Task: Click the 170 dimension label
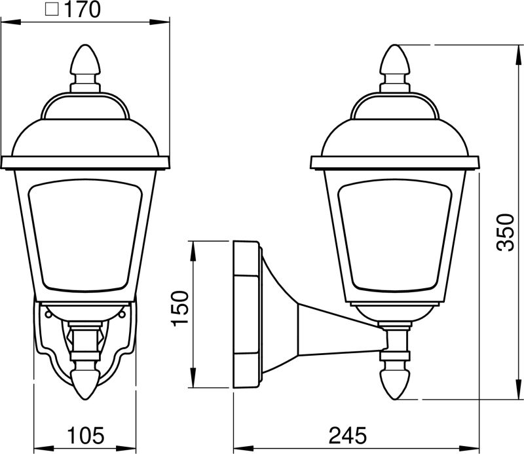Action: pyautogui.click(x=82, y=9)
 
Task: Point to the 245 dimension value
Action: pyautogui.click(x=348, y=436)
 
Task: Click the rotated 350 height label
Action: pyautogui.click(x=505, y=232)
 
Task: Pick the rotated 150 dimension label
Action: pyautogui.click(x=179, y=309)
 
